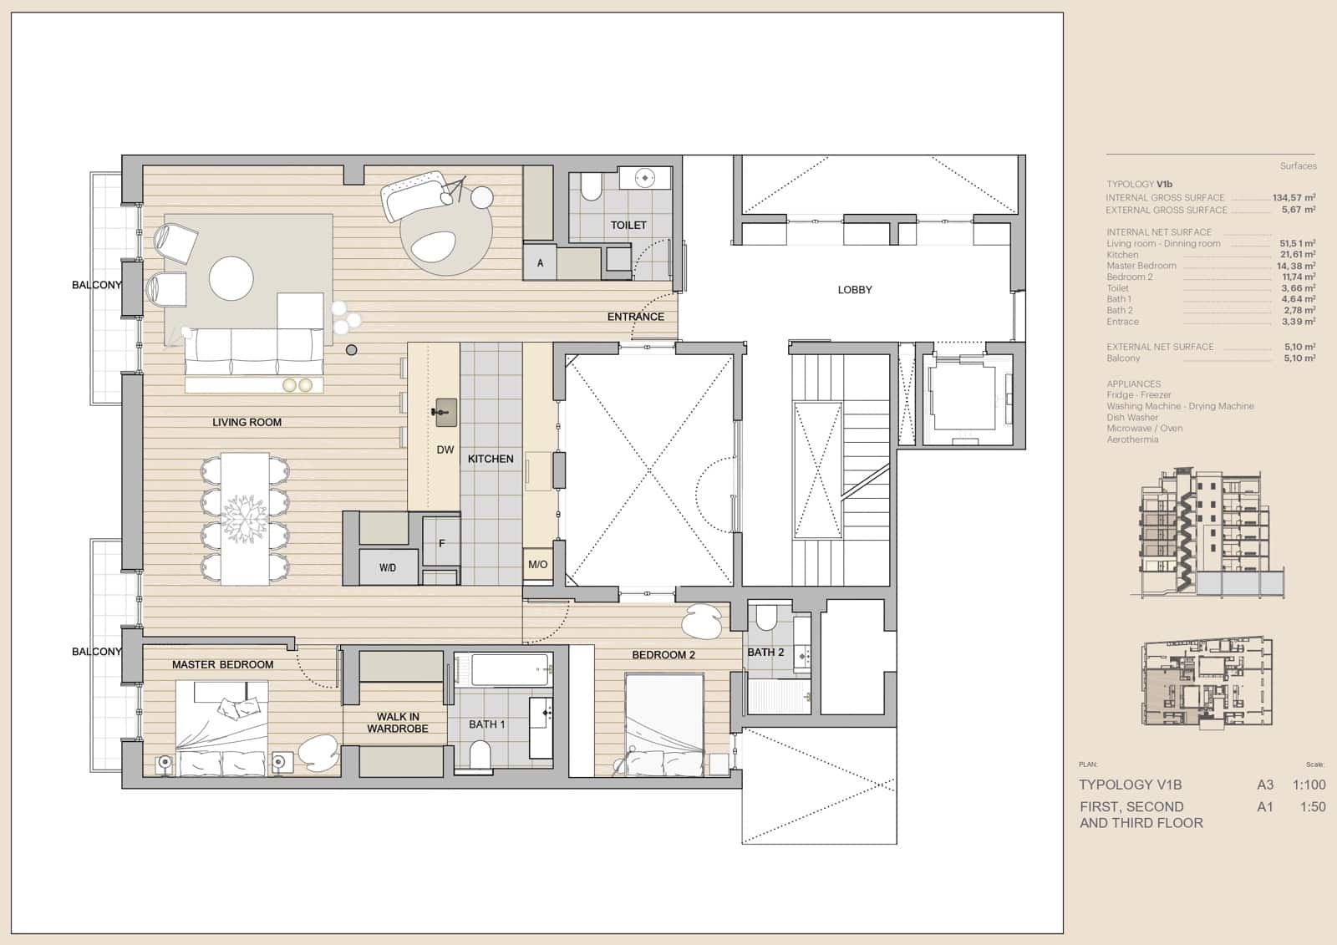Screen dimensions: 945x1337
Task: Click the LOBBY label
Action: point(854,290)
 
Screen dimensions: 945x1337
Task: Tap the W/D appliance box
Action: point(387,567)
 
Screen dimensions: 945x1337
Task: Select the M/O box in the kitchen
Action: point(537,565)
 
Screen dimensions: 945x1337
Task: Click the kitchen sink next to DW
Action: point(445,410)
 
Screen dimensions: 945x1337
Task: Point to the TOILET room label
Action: point(628,225)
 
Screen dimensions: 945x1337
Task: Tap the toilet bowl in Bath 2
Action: point(765,619)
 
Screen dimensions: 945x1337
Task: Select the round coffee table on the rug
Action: point(231,278)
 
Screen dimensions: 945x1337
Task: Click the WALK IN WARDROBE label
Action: point(398,723)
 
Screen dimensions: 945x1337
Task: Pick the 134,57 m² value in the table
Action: point(1294,198)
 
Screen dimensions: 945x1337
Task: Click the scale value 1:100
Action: point(1309,785)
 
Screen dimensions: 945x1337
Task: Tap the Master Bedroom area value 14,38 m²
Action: point(1296,266)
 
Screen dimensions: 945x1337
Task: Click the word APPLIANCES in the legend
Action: point(1133,384)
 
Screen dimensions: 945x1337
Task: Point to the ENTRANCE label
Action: point(635,317)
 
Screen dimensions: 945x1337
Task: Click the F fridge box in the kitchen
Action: point(441,543)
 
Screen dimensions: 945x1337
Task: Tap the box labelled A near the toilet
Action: point(540,262)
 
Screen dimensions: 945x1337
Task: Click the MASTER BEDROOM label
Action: point(222,664)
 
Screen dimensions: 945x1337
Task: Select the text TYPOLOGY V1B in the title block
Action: point(1130,785)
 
